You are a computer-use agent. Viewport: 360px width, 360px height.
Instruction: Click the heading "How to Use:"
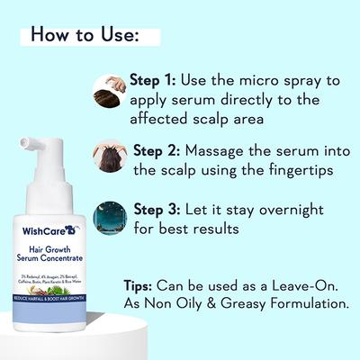click(x=85, y=35)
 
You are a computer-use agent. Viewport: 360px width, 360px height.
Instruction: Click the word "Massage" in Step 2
click(x=228, y=150)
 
